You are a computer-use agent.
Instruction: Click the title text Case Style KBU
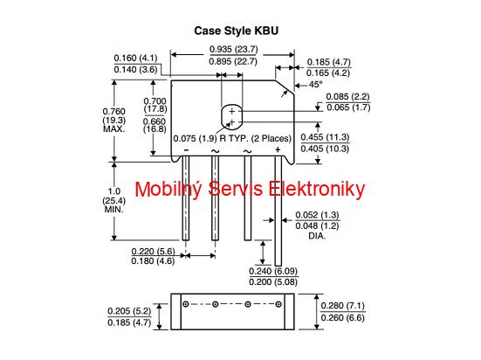(x=237, y=31)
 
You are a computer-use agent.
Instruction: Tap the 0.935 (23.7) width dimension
(x=233, y=49)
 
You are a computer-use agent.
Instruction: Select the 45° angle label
(x=316, y=84)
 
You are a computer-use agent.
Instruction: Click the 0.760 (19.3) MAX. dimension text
(x=113, y=120)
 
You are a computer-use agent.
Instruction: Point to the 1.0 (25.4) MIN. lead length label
(x=113, y=200)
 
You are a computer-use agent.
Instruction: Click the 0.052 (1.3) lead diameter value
(x=317, y=215)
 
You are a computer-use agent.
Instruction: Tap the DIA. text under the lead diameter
(x=317, y=236)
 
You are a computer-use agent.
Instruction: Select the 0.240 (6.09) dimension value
(x=273, y=271)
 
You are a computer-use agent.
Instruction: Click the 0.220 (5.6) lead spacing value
(x=153, y=252)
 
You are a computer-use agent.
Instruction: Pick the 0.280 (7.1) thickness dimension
(x=343, y=306)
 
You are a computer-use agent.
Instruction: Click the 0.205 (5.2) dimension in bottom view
(x=129, y=311)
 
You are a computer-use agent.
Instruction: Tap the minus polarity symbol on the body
(x=186, y=150)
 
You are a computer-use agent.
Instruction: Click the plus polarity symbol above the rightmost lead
(x=278, y=150)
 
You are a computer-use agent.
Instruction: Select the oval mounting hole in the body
(x=231, y=117)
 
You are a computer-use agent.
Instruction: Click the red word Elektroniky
(x=317, y=190)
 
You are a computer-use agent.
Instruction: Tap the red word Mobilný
(x=168, y=190)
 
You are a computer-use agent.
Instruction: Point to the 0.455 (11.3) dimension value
(x=325, y=137)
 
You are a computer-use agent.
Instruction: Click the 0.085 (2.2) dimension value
(x=347, y=97)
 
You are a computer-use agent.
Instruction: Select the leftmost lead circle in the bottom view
(x=186, y=304)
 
